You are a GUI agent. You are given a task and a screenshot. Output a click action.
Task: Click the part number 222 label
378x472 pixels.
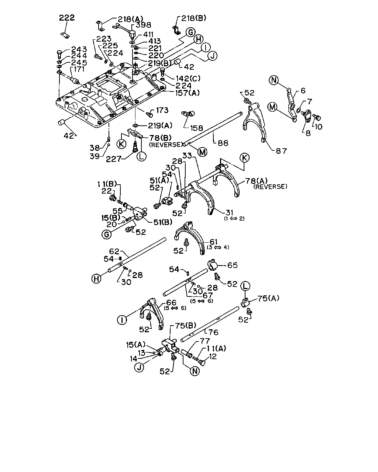[x=67, y=18]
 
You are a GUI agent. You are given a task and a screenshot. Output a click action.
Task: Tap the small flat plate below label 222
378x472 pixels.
[x=65, y=35]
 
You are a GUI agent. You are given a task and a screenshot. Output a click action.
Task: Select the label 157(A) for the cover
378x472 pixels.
[x=188, y=93]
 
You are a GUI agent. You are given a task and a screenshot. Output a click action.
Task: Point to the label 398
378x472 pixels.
[x=143, y=25]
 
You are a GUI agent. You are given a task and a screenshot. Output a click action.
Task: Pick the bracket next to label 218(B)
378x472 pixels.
[x=176, y=30]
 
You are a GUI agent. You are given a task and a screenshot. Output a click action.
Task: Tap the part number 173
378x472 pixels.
[x=162, y=110]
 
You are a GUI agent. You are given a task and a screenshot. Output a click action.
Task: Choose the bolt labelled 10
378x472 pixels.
[x=317, y=117]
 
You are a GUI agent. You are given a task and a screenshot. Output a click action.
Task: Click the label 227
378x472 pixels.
[x=113, y=159]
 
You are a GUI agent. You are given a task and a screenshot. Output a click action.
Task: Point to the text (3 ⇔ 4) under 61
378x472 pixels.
[x=218, y=247]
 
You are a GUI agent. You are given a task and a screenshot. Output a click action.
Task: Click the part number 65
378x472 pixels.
[x=233, y=265]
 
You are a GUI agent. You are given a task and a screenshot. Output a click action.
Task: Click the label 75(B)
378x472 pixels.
[x=185, y=326]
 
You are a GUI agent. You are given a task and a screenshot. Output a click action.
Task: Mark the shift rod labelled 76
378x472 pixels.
[x=210, y=324]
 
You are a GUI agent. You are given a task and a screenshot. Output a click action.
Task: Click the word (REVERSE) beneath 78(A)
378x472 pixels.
[x=270, y=187]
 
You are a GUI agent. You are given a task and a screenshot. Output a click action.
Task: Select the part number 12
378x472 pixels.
[x=213, y=357]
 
